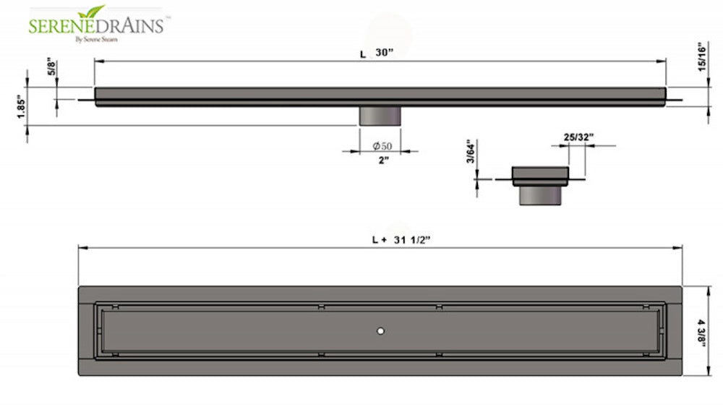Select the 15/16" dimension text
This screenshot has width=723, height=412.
pos(700,56)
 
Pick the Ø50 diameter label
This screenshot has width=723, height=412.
pos(382,147)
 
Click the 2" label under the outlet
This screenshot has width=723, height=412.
pos(383,160)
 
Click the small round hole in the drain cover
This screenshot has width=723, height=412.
pos(380,330)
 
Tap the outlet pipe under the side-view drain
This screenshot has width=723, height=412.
pos(380,116)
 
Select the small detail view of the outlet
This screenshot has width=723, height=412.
pos(539,185)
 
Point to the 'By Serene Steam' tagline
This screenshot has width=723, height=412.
pos(97,39)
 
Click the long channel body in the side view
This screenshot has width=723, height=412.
pos(380,97)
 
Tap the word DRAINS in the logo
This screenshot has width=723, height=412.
pos(132,26)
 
